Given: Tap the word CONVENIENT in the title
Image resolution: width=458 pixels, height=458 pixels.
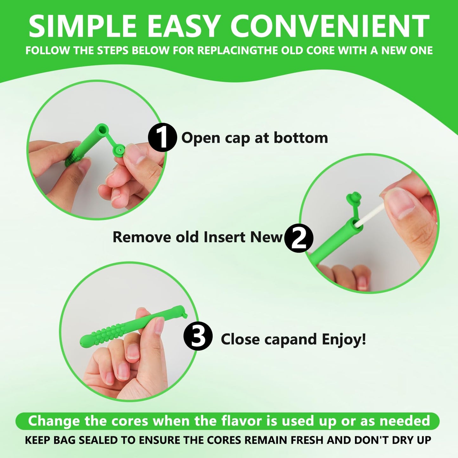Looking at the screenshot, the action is [330, 26].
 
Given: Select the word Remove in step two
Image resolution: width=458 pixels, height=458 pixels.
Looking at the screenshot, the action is [142, 237].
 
